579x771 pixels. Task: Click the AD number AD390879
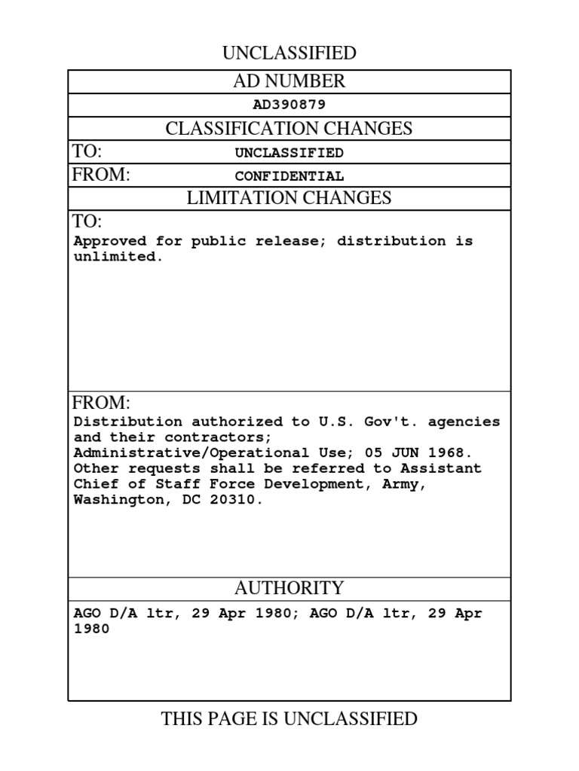pyautogui.click(x=289, y=105)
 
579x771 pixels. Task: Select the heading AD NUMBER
pyautogui.click(x=289, y=81)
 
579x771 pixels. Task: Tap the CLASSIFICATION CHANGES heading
pyautogui.click(x=289, y=129)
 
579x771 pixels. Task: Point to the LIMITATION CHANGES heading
pyautogui.click(x=289, y=198)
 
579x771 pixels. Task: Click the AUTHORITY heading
pyautogui.click(x=289, y=588)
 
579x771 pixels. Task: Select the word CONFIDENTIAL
pyautogui.click(x=289, y=177)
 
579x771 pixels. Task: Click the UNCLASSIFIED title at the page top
pyautogui.click(x=289, y=53)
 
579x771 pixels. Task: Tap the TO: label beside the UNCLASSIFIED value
pyautogui.click(x=87, y=151)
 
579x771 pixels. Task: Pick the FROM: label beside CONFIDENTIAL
pyautogui.click(x=101, y=175)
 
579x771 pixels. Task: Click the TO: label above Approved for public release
pyautogui.click(x=87, y=221)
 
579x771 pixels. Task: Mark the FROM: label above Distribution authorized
pyautogui.click(x=101, y=402)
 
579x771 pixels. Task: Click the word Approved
pyautogui.click(x=109, y=242)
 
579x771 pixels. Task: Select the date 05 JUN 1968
pyautogui.click(x=433, y=453)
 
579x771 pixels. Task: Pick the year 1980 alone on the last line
pyautogui.click(x=91, y=629)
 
